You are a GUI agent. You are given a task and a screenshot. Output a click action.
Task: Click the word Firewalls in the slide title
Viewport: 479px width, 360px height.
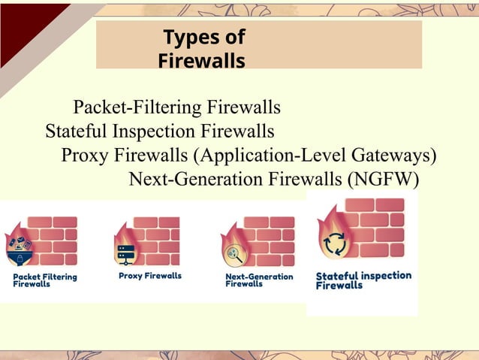pos(201,60)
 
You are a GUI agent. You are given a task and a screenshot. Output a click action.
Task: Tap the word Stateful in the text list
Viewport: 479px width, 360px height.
pos(77,132)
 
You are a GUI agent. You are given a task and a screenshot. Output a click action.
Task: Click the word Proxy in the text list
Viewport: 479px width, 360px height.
pos(86,156)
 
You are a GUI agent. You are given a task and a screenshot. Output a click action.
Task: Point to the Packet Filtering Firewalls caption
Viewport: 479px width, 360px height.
pos(45,280)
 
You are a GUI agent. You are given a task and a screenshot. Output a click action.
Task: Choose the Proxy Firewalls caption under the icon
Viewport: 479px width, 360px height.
pos(150,276)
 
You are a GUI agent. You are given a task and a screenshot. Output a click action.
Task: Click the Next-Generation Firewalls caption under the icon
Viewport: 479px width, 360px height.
pos(259,280)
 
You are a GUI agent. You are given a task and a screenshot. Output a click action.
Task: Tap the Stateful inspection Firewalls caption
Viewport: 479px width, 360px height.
pos(363,280)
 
